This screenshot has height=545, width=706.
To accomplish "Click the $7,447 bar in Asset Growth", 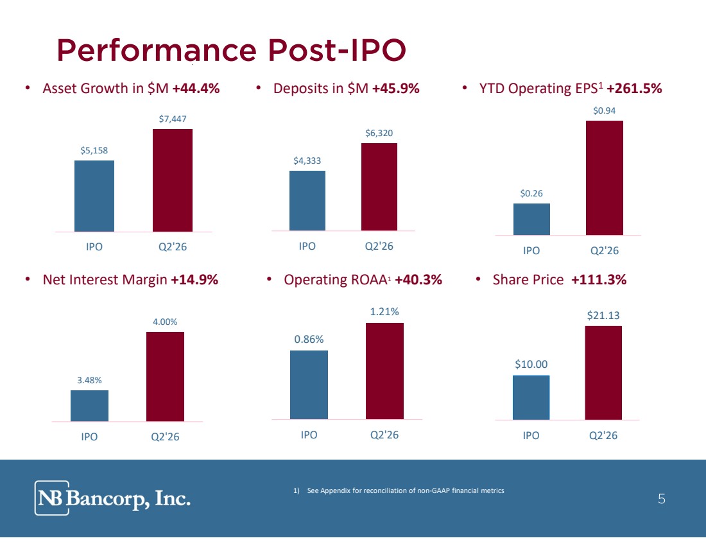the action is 173,180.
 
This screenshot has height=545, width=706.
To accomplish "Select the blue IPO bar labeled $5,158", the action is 94,196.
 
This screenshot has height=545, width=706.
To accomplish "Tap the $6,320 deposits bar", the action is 379,187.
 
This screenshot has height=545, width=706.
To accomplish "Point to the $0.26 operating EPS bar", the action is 531,219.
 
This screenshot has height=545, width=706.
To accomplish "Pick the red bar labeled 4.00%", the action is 165,377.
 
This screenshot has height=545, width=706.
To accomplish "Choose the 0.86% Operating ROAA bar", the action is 309,385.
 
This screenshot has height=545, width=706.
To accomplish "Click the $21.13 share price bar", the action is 603,373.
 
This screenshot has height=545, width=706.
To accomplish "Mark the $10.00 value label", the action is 531,364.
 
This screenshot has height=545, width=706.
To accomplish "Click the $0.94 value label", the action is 604,110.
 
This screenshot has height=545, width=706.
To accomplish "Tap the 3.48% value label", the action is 89,380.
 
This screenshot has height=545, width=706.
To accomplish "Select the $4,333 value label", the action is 307,160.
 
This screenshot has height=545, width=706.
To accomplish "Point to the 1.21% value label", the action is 384,312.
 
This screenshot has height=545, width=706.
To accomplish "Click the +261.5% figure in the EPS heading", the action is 634,89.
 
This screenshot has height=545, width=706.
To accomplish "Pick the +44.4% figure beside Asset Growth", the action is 196,89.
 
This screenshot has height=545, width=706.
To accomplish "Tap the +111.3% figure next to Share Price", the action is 599,280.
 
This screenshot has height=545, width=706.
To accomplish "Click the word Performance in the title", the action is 157,50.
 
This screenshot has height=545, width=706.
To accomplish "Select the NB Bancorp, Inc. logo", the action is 112,497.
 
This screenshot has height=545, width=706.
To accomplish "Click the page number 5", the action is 662,499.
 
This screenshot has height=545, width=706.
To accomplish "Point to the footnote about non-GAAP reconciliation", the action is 399,490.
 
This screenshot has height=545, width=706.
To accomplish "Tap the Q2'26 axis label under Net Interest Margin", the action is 165,437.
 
